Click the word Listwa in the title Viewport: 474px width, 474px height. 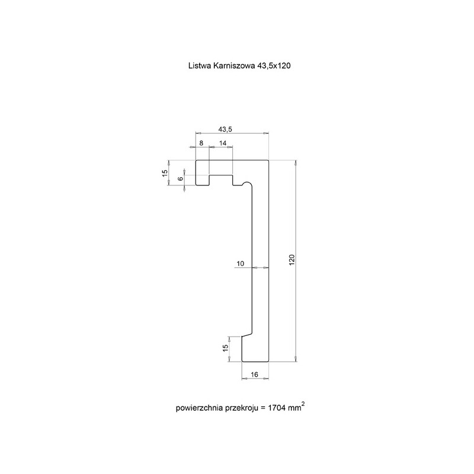[200, 66]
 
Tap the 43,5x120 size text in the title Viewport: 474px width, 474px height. [274, 66]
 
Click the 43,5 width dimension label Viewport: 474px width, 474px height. [225, 129]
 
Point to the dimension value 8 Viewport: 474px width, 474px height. [201, 143]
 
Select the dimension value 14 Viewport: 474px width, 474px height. [223, 143]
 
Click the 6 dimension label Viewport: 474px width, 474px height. [181, 179]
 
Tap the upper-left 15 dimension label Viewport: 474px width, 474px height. [165, 173]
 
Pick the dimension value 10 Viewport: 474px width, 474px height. [240, 264]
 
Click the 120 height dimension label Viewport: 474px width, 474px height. [292, 260]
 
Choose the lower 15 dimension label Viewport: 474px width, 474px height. [225, 348]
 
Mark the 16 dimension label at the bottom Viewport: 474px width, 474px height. [255, 374]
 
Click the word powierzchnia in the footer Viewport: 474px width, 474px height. [200, 408]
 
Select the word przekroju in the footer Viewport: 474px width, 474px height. [242, 408]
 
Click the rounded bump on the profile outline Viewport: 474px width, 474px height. [246, 182]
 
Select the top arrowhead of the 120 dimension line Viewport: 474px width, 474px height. [296, 162]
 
